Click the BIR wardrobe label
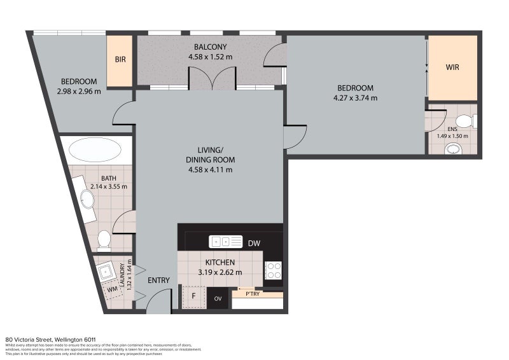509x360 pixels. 120,60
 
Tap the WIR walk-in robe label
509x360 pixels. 452,67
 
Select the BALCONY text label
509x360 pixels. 210,47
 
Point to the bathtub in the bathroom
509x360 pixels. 94,151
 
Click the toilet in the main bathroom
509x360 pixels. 104,240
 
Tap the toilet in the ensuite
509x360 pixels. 466,121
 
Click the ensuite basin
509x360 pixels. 453,149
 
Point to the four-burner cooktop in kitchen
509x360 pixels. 273,271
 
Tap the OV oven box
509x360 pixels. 218,298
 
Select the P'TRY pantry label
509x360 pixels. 247,293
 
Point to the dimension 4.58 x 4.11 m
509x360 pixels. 209,170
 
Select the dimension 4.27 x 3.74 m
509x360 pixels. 356,98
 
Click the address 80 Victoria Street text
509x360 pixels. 50,340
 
